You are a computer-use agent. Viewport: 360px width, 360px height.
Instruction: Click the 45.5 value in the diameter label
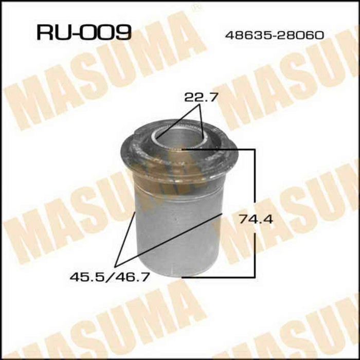click(83, 277)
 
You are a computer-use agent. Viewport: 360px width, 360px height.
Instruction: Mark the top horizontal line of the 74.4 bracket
click(221, 150)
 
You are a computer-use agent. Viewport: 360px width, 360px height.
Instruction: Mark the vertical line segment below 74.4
click(255, 255)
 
